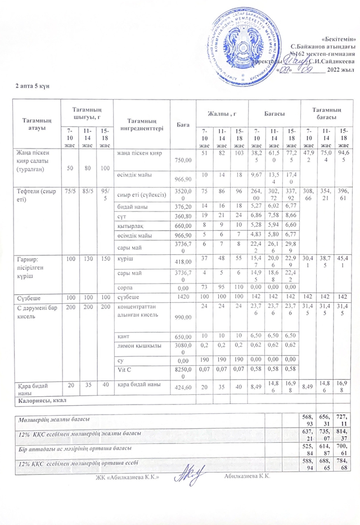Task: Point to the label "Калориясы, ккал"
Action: click(x=41, y=401)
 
